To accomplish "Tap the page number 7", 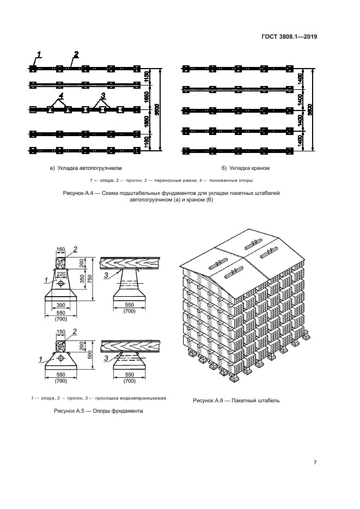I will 315,463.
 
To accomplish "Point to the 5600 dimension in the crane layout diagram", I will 309,109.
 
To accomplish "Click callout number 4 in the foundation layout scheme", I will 61,95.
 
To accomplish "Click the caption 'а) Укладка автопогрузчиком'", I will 86,168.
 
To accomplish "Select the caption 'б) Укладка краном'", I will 246,168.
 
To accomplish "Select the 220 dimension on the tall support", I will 60,274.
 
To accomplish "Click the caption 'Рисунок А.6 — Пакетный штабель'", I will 236,401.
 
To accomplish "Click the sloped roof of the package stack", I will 240,259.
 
